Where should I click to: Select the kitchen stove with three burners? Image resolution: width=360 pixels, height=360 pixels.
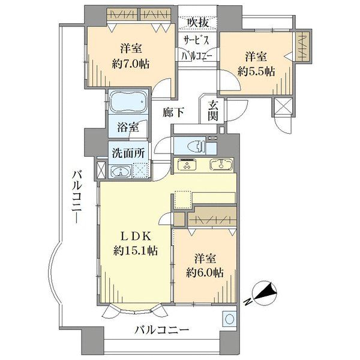coord(187,164)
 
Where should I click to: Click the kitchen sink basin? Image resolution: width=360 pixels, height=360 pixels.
coord(221,164)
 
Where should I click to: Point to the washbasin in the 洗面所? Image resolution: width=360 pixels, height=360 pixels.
coord(121,172)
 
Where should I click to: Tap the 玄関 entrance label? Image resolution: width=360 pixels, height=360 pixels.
coord(212,110)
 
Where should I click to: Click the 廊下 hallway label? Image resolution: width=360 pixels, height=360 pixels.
coord(173,112)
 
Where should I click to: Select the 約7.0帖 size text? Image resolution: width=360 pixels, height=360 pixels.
coord(131,64)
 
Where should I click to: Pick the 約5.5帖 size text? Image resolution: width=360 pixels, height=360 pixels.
coord(256,71)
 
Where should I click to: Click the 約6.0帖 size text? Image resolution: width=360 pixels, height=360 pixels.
coord(205,273)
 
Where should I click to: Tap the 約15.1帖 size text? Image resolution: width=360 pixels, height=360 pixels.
coord(136,250)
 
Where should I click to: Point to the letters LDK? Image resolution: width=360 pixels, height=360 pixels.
coord(136,236)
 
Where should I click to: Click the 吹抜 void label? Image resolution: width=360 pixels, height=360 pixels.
coord(197,23)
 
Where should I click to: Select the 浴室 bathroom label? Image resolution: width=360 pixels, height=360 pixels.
coord(128,127)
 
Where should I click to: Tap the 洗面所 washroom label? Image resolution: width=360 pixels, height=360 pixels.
coord(128,153)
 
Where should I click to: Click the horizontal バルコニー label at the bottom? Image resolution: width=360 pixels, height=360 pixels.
coord(162,331)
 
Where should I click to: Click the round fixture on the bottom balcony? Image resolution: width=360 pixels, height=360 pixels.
coord(229,319)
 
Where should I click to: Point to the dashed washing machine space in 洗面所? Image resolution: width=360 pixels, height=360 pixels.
coord(141,170)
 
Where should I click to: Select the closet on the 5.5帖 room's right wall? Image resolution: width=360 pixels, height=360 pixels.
coord(302,46)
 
